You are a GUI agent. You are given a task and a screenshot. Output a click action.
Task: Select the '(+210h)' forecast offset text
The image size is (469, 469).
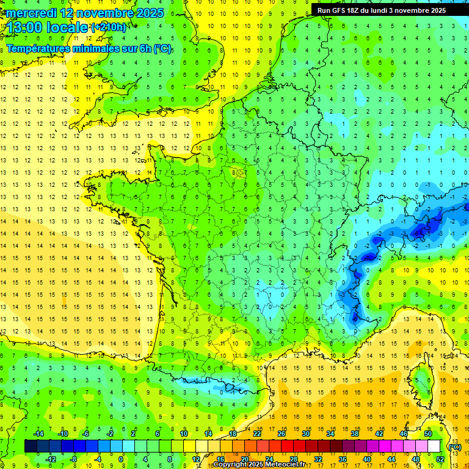pos(109,27)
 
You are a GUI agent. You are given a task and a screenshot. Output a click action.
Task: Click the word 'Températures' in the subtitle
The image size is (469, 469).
pos(37,48)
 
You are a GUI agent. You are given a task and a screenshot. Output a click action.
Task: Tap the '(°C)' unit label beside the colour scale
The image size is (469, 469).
pos(454,447)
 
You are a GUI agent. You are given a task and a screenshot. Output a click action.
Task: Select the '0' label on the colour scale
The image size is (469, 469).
pos(121,459)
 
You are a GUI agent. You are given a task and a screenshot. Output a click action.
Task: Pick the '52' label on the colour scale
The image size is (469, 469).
pos(440,459)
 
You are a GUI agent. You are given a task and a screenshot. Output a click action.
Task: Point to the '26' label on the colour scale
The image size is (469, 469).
pos(282,433)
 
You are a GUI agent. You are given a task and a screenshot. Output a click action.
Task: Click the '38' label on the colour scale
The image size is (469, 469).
pos(354,433)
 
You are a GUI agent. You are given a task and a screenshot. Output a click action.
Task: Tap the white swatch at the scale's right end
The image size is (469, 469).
pos(434,446)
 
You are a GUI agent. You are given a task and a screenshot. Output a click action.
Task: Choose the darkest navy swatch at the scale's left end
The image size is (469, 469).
pos(31,446)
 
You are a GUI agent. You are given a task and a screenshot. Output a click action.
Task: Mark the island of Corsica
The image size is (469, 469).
pos(421,379)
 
